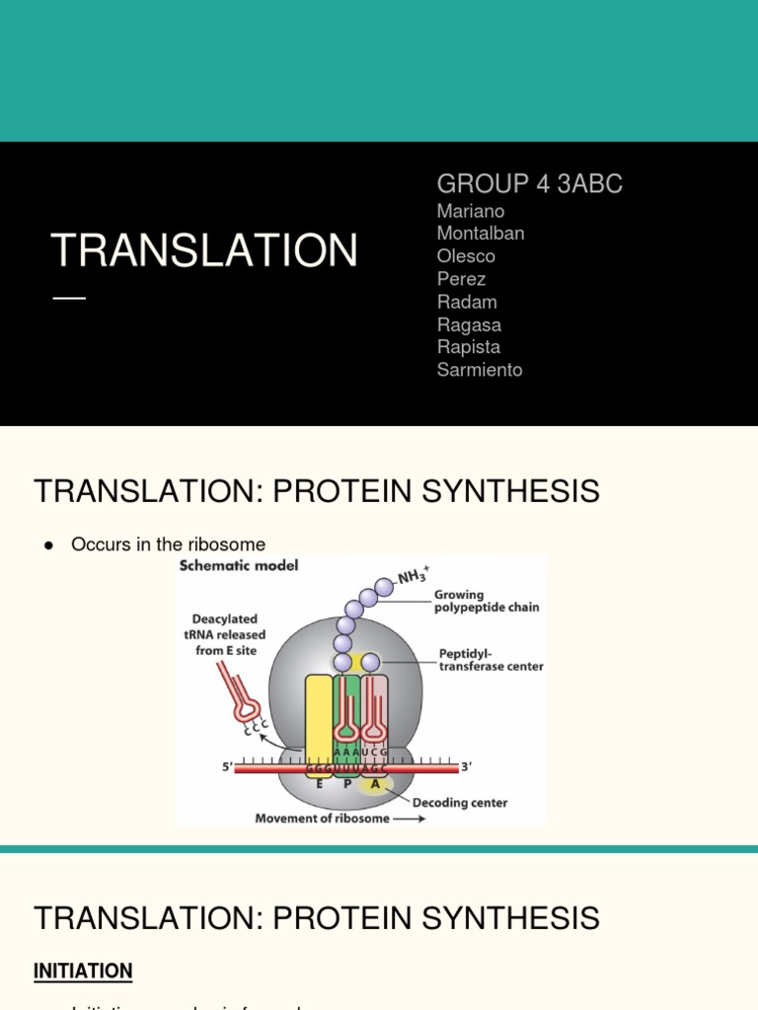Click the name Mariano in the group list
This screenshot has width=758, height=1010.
click(x=470, y=211)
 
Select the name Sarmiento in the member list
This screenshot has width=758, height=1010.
click(x=480, y=370)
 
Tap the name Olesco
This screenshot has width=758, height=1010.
click(x=466, y=256)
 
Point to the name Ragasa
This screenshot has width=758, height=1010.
click(x=469, y=325)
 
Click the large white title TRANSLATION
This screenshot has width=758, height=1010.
click(x=204, y=251)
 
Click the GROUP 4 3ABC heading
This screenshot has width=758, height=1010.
click(x=529, y=183)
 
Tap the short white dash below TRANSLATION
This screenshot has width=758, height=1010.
click(x=69, y=298)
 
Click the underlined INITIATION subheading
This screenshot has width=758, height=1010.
click(x=83, y=972)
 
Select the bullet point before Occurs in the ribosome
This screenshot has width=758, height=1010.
click(x=47, y=545)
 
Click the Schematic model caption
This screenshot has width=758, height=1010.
click(x=238, y=566)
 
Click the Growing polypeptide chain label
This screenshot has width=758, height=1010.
click(x=487, y=602)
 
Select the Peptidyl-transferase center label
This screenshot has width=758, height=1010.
click(x=491, y=660)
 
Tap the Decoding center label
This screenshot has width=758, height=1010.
click(x=459, y=803)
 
